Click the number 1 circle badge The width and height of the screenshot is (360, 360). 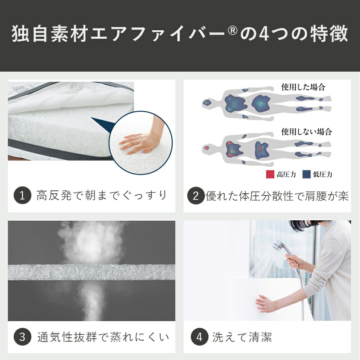pos(22,196)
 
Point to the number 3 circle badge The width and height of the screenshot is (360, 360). pos(22,337)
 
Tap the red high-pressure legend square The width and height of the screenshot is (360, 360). pos(270,174)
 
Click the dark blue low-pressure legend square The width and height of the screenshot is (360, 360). pos(306,174)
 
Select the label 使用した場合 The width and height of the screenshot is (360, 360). pos(303,87)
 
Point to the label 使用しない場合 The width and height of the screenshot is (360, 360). pos(306,131)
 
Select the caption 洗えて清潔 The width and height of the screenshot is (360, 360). pos(242,337)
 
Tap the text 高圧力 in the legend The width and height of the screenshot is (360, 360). pos(286,175)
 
